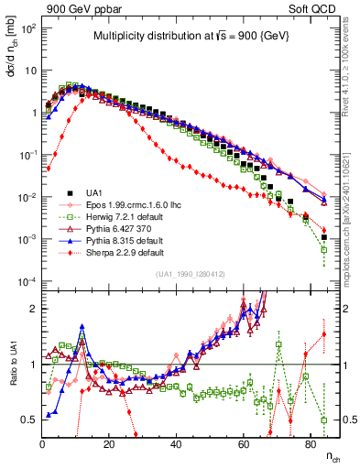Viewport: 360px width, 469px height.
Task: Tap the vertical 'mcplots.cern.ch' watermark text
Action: tap(351, 224)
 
